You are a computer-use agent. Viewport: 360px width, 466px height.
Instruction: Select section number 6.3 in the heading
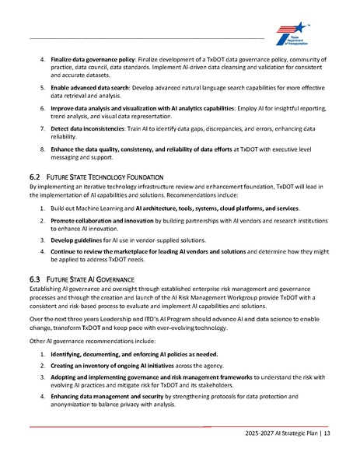pos(34,279)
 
